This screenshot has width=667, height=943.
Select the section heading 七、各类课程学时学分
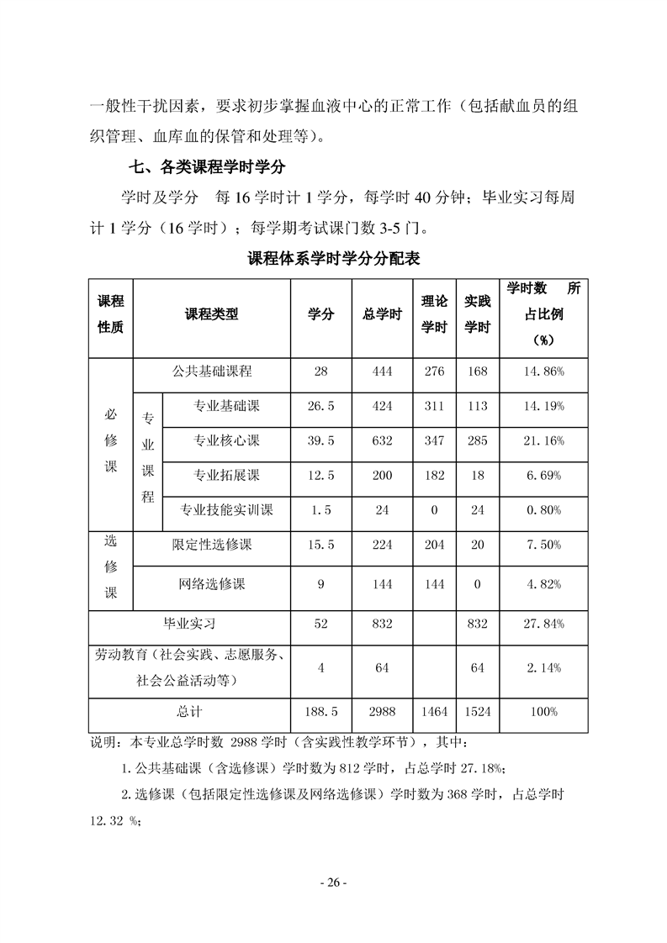pos(199,166)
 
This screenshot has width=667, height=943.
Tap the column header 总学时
pos(382,314)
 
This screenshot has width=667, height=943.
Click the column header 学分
pos(320,314)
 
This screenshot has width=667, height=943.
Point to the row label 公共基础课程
pos(212,371)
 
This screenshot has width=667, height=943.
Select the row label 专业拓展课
pos(226,475)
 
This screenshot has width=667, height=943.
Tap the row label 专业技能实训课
pos(226,509)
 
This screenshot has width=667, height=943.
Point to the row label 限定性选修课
pos(212,545)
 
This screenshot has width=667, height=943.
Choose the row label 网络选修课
pos(212,584)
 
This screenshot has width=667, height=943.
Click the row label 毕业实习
pos(189,624)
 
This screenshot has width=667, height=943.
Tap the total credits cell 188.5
pos(320,711)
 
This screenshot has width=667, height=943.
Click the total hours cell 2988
pos(382,711)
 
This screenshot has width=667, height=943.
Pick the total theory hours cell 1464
pos(435,711)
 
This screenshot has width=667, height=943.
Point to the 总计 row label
pos(189,711)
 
